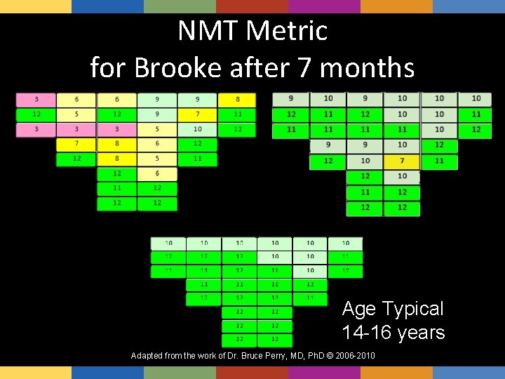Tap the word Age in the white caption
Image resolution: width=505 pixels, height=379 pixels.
click(359, 309)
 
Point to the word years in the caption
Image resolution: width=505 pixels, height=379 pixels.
click(423, 332)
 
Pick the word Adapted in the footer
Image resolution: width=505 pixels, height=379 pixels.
click(148, 356)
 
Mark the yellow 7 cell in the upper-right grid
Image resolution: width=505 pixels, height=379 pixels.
click(402, 161)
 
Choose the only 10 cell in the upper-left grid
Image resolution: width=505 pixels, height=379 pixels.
click(197, 129)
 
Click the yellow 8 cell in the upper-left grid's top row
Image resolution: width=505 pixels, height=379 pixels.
click(238, 100)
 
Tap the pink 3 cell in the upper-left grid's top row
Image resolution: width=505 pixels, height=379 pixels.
click(36, 100)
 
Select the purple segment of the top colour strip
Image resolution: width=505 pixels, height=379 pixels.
click(324, 6)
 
